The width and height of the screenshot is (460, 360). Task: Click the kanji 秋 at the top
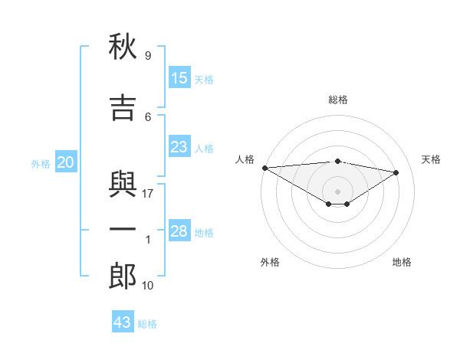(x=123, y=46)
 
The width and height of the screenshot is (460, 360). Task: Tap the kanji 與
(x=123, y=184)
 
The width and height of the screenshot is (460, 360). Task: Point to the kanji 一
(x=123, y=229)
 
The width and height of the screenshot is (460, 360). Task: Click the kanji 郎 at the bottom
(x=123, y=276)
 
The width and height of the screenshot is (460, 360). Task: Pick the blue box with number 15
(x=179, y=77)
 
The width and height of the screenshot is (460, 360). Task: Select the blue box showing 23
(x=179, y=146)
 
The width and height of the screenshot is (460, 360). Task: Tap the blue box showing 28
(x=179, y=230)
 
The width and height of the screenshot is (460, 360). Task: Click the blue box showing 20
(x=66, y=162)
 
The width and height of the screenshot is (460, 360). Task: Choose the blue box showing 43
(x=123, y=321)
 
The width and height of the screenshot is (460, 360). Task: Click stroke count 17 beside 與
(x=147, y=194)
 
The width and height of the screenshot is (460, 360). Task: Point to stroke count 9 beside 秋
(x=148, y=55)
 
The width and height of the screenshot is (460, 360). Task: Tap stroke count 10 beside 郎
(x=147, y=286)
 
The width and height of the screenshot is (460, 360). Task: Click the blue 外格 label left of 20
(x=41, y=164)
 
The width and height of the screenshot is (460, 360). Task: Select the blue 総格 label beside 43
(x=147, y=324)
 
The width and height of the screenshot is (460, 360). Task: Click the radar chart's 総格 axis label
(x=338, y=100)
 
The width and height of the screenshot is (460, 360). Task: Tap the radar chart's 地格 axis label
(x=402, y=262)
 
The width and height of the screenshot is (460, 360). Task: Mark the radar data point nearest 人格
(x=265, y=168)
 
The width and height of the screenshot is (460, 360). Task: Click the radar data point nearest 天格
(x=396, y=172)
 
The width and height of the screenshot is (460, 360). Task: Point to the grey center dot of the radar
(x=337, y=191)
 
